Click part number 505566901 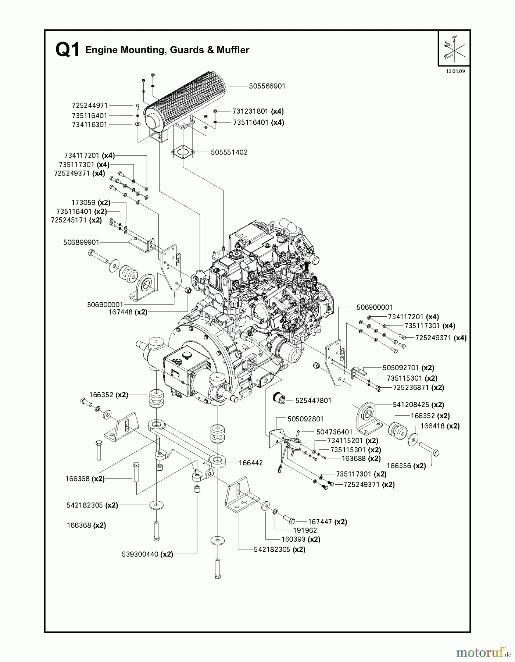(x=267, y=86)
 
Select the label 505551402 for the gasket (x=229, y=152)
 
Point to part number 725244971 (x=89, y=106)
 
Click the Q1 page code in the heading (x=67, y=50)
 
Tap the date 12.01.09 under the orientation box (x=455, y=71)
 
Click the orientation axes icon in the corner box (x=454, y=48)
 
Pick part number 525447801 (x=313, y=401)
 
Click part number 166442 (x=251, y=463)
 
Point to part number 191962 (x=305, y=530)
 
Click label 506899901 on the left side (x=81, y=242)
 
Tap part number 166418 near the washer (x=434, y=426)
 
